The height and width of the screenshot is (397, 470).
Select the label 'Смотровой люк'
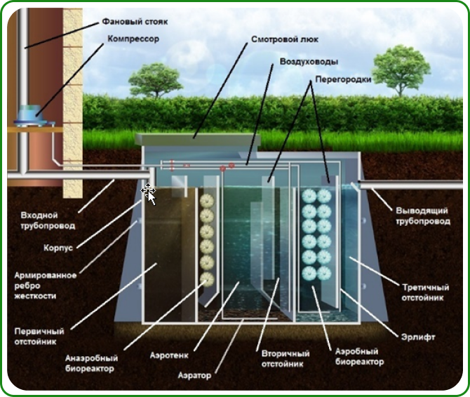(x=275, y=41)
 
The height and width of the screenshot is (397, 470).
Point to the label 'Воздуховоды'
(x=304, y=61)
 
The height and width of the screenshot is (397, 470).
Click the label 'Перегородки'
(x=342, y=80)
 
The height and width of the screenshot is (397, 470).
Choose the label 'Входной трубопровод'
(x=48, y=220)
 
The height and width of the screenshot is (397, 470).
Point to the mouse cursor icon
(x=149, y=191)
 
